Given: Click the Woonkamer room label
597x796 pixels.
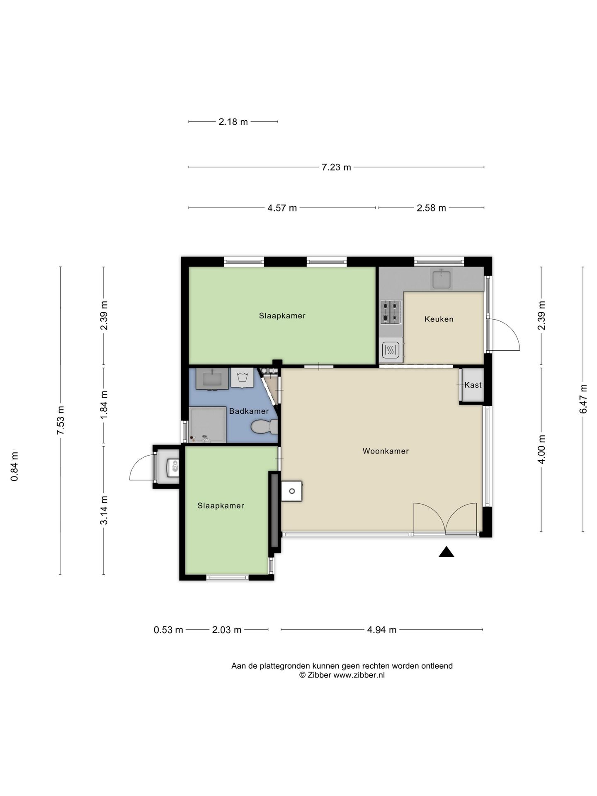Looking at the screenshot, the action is [386, 451].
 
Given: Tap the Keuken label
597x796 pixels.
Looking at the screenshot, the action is [439, 319].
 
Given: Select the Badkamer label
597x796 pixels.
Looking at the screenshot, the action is [249, 411].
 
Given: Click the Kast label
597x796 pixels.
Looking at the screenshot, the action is [473, 385].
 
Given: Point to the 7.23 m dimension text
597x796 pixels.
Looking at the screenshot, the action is [336, 167].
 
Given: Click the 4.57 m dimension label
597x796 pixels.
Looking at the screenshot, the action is [282, 208].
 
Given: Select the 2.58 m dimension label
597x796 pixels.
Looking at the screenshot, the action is [431, 208].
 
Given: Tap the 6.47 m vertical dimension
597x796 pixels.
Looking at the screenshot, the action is [583, 399].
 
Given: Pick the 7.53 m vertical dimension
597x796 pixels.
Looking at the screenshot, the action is [61, 420].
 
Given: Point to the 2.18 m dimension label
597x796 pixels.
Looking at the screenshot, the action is [233, 122].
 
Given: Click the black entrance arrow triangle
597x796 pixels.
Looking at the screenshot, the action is [447, 552].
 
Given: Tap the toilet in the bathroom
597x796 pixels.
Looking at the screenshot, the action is [265, 426].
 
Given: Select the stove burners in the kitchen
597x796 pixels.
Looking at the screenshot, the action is [391, 312].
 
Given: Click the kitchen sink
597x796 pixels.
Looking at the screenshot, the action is [442, 278].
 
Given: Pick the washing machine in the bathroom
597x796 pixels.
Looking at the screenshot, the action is [242, 378].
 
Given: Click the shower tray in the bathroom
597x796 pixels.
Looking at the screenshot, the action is [208, 425].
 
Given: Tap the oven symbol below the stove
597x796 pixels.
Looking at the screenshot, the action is [391, 350].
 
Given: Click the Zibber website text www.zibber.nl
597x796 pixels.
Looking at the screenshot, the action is [359, 675].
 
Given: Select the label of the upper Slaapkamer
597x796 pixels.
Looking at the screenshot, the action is [282, 316].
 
